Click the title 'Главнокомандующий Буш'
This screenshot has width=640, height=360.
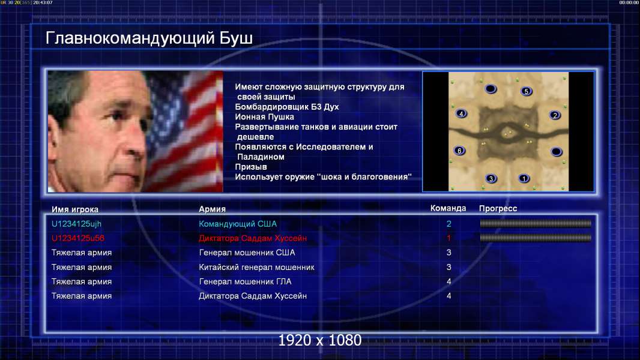(x=149, y=38)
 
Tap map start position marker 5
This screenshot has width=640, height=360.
(x=526, y=91)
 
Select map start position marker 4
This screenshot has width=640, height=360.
(x=461, y=113)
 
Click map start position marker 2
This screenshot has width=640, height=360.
(x=555, y=115)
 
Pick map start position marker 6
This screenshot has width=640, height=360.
(x=460, y=151)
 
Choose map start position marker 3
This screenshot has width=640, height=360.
(x=491, y=178)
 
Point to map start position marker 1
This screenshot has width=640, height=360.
(x=524, y=178)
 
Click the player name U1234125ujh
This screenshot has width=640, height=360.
(x=76, y=224)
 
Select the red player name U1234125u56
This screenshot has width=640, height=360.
(x=78, y=238)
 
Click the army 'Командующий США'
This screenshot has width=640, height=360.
(x=238, y=224)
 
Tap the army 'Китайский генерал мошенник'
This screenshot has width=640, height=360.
(x=256, y=268)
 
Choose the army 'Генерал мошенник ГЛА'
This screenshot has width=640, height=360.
(x=245, y=282)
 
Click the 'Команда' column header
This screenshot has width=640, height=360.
(x=448, y=208)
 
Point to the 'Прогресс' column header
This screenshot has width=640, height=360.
(x=498, y=209)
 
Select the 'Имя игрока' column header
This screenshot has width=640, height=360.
(x=74, y=209)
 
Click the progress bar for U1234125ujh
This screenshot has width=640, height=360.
(x=535, y=223)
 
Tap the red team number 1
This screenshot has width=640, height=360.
(x=448, y=238)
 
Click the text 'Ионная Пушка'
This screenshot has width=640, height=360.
(x=264, y=117)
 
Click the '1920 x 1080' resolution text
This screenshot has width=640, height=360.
(x=319, y=340)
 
